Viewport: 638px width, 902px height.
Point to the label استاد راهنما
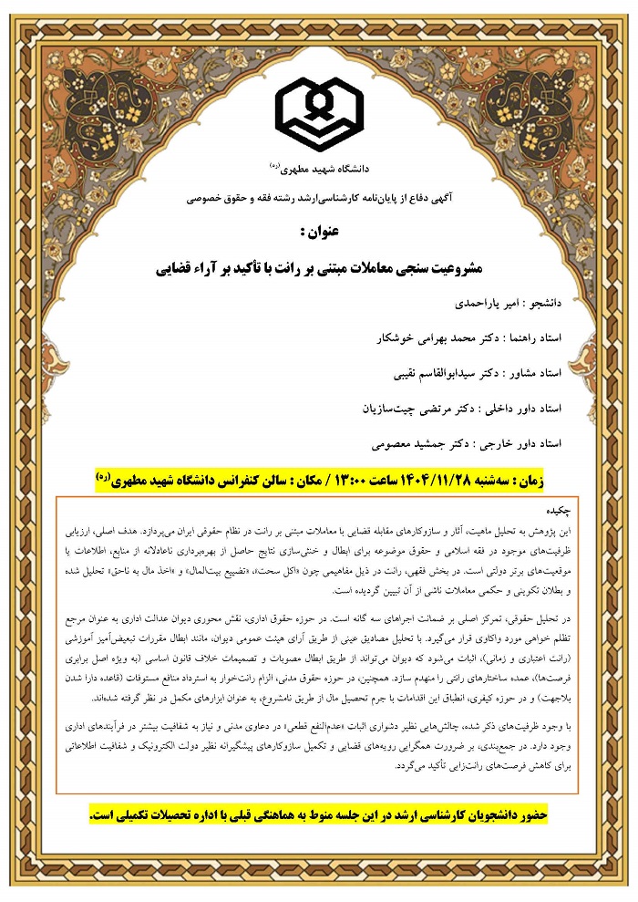pyautogui.click(x=532, y=337)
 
